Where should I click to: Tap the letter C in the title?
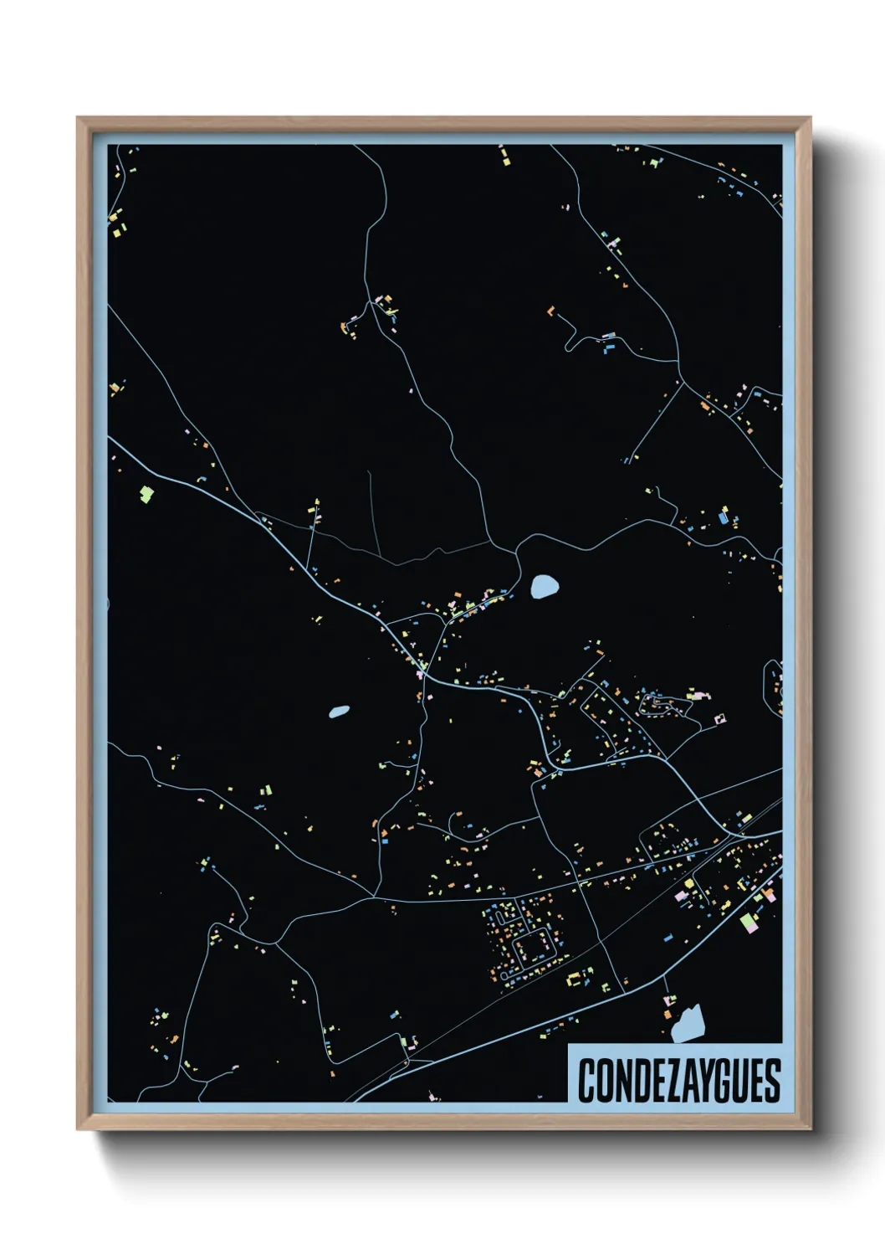(x=585, y=1081)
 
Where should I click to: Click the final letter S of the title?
(x=772, y=1081)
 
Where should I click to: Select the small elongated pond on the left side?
(x=339, y=712)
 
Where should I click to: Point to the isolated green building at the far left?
(x=146, y=495)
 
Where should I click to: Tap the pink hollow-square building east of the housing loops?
(x=719, y=718)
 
